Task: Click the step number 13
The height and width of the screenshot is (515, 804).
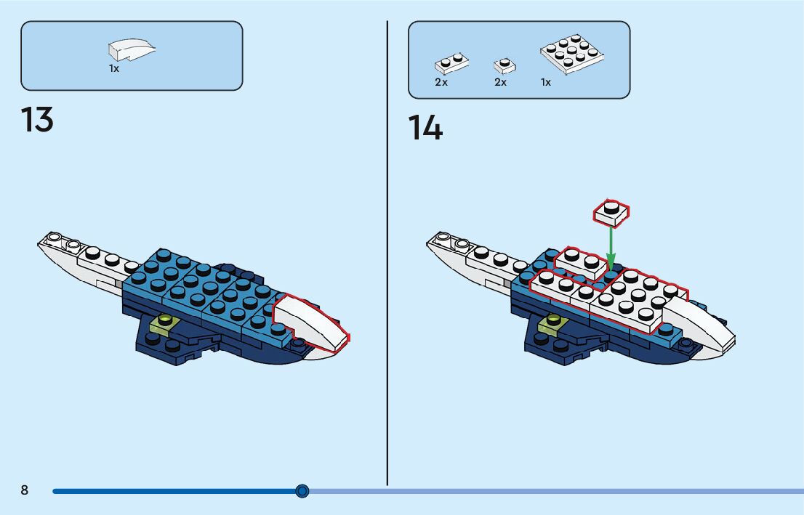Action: [37, 120]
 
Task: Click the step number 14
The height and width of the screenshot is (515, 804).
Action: [425, 128]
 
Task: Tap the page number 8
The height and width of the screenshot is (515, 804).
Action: [24, 490]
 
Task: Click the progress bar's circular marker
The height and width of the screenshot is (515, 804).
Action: [302, 491]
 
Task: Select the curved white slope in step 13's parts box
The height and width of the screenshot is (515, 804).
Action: [131, 50]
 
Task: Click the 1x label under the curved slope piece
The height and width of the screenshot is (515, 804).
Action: [114, 68]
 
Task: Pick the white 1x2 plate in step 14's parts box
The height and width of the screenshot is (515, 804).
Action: [451, 64]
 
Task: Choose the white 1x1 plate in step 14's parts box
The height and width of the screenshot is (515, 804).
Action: [504, 65]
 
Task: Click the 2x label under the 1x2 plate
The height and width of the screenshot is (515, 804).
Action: [441, 83]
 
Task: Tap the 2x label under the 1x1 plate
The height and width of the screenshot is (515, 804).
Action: [500, 83]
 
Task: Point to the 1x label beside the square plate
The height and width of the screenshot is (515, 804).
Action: [545, 83]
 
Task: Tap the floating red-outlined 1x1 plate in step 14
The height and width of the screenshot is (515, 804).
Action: [611, 211]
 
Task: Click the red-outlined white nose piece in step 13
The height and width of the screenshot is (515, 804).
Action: [311, 323]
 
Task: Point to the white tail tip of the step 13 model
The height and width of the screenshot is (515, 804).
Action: [51, 240]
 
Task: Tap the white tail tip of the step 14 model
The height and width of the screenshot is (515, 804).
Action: [440, 240]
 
